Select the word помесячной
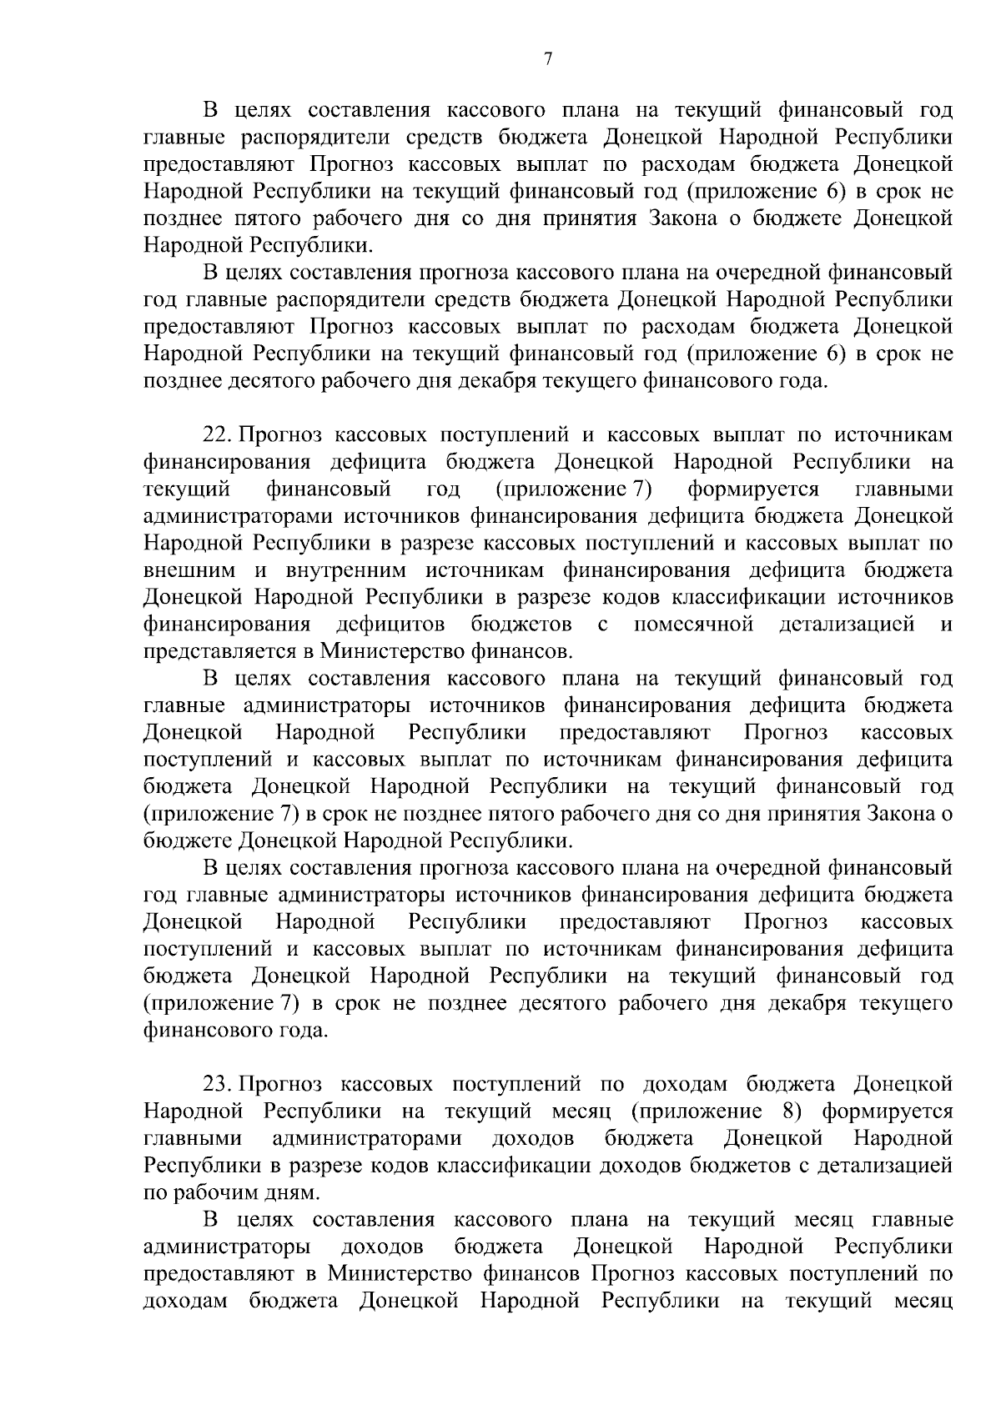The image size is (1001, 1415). (693, 625)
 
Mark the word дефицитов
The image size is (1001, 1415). (390, 625)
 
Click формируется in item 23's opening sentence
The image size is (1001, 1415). (887, 1111)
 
